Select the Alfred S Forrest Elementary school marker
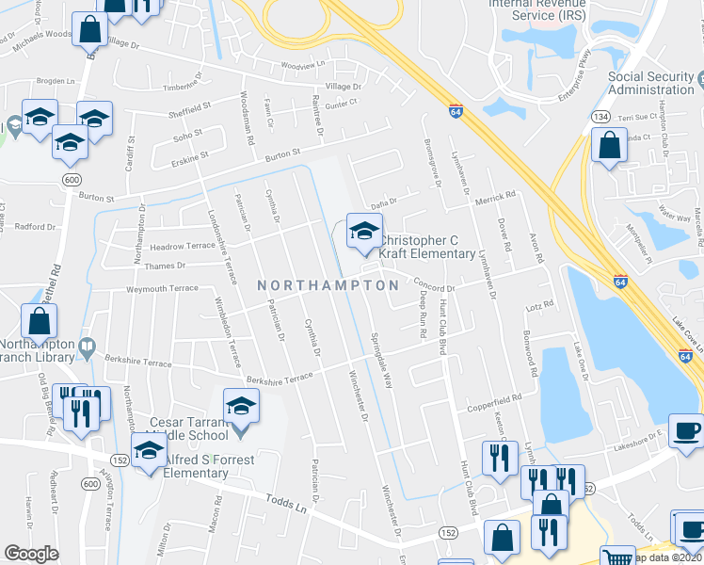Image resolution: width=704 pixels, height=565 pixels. (149, 454)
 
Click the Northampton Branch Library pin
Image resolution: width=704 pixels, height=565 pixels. (88, 347)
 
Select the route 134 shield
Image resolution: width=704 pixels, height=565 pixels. (599, 115)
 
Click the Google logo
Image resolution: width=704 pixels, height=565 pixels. (31, 553)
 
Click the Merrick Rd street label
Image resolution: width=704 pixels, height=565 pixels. (497, 195)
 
